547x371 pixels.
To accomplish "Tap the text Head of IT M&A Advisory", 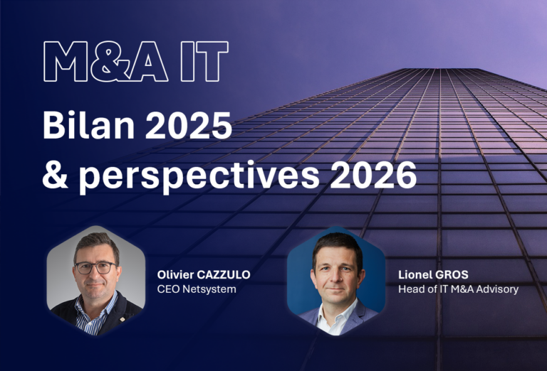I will pyautogui.click(x=458, y=289).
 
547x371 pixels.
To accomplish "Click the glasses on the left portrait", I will pyautogui.click(x=95, y=268).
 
